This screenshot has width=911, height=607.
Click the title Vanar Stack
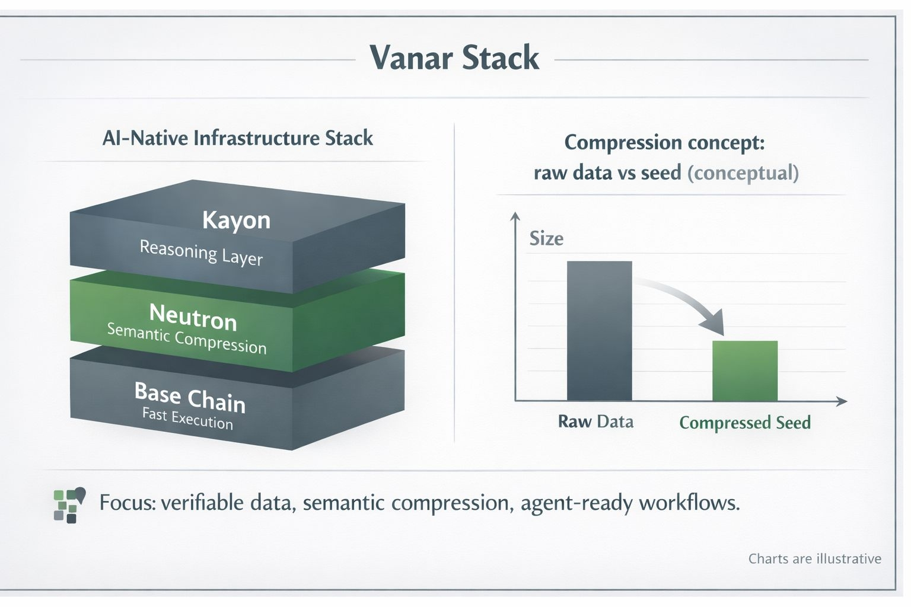[x=454, y=58]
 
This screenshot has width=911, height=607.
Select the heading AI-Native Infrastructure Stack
[x=237, y=138]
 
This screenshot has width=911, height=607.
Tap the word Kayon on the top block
[x=236, y=221]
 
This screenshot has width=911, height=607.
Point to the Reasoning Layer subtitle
[x=201, y=253]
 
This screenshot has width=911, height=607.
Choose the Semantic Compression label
[x=187, y=339]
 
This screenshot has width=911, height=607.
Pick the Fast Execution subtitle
[x=187, y=418]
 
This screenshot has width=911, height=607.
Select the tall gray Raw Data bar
[x=600, y=331]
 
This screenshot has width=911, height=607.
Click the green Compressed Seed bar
[x=745, y=371]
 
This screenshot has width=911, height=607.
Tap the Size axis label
[x=546, y=239]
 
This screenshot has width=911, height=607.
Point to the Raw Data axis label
[x=596, y=421]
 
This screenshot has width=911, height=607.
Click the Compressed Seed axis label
[x=745, y=423]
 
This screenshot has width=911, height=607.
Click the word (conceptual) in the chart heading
[x=743, y=173]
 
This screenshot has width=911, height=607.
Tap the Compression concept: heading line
[x=664, y=143]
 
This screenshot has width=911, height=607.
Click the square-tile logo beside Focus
[x=69, y=505]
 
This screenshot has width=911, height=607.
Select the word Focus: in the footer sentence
[x=128, y=503]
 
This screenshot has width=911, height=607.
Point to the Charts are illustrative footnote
[x=814, y=558]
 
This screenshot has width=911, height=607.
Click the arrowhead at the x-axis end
[x=842, y=401]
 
